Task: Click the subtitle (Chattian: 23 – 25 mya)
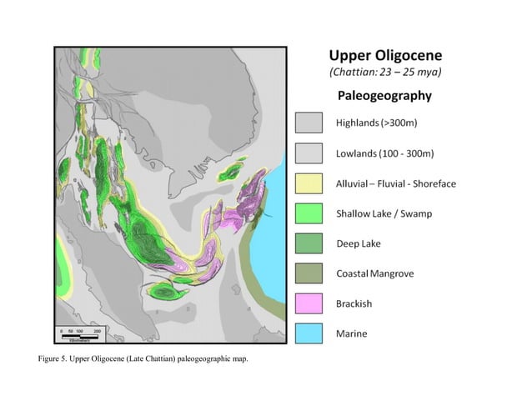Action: click(x=384, y=73)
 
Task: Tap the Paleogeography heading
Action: click(x=384, y=96)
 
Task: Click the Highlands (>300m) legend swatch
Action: click(x=309, y=123)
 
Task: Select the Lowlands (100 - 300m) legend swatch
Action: click(x=309, y=153)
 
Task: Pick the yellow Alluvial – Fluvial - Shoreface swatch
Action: click(x=309, y=183)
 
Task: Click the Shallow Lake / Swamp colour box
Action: click(x=309, y=213)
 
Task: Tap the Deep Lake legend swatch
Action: click(x=309, y=243)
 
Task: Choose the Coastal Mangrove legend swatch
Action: click(x=309, y=273)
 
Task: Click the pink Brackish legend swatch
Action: click(x=309, y=303)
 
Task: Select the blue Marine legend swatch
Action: click(x=309, y=333)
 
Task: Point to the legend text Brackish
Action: click(x=354, y=303)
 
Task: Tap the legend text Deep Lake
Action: click(x=359, y=243)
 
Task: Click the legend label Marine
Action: click(x=352, y=333)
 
